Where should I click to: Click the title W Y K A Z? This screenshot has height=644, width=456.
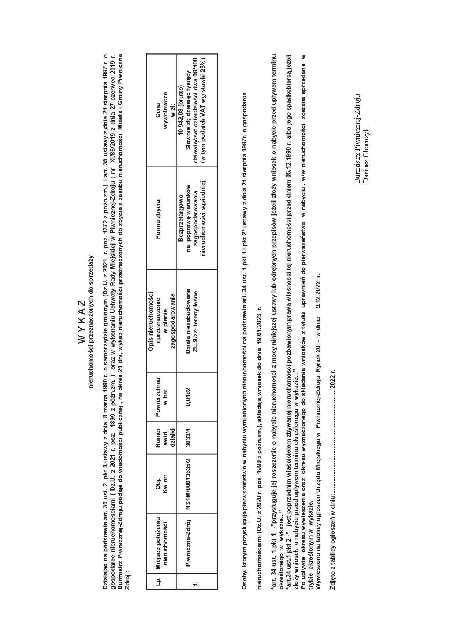[82, 322]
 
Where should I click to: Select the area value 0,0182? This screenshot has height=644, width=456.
[188, 397]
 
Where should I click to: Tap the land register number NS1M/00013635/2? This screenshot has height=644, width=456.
[188, 484]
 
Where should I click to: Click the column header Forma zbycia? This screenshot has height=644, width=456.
[158, 218]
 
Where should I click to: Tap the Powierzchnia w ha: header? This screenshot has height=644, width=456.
[161, 397]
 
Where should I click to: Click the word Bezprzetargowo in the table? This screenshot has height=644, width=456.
[180, 218]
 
